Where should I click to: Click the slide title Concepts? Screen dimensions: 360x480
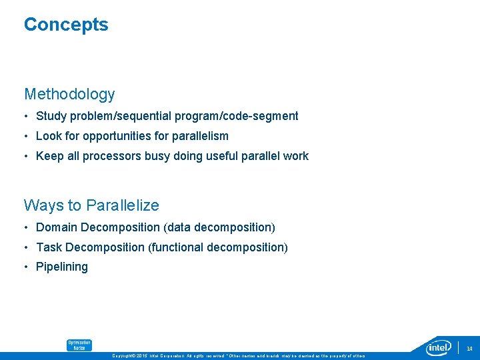(x=66, y=25)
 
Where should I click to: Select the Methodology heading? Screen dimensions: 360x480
(x=69, y=94)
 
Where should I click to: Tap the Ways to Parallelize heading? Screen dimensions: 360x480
(x=91, y=205)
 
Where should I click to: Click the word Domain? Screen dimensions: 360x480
(x=56, y=227)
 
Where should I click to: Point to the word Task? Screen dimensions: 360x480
(x=49, y=247)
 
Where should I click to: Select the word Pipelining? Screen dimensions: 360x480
(x=62, y=267)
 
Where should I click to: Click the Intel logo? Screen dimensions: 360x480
(x=439, y=347)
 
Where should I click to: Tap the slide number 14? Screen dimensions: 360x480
(x=469, y=349)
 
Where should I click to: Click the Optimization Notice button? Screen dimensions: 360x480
(x=79, y=345)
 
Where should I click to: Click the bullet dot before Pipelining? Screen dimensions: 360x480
(x=27, y=267)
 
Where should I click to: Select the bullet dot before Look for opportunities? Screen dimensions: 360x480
(x=27, y=137)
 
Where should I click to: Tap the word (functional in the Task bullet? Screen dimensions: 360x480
(x=176, y=247)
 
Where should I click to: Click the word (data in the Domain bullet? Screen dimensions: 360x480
(x=179, y=227)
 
